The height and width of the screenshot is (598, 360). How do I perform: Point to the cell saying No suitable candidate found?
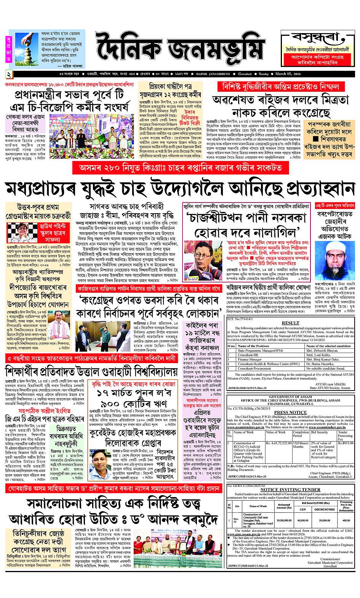coord(323,368)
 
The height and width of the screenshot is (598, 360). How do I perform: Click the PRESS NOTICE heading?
coord(290,412)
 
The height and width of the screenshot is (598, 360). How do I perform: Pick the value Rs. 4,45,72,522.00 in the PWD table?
coord(278,443)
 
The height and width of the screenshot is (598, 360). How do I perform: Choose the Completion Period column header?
coord(301,434)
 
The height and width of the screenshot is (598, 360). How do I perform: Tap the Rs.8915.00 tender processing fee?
coord(346,443)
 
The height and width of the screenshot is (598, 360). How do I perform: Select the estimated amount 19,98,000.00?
coord(284,520)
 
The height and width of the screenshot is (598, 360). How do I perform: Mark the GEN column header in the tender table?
coord(302,509)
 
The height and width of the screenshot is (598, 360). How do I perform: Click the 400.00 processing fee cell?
coord(346,520)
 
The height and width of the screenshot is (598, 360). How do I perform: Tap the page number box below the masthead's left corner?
coord(9,74)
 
